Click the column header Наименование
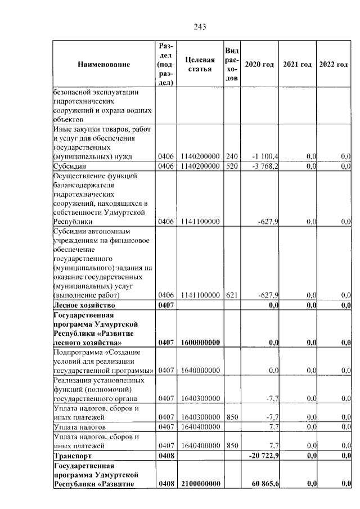103,64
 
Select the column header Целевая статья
200,64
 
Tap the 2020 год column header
259,64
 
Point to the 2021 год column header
298,64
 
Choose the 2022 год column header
334,64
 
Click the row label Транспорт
71,455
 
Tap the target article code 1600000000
200,342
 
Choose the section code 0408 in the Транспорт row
167,455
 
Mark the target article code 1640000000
200,370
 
